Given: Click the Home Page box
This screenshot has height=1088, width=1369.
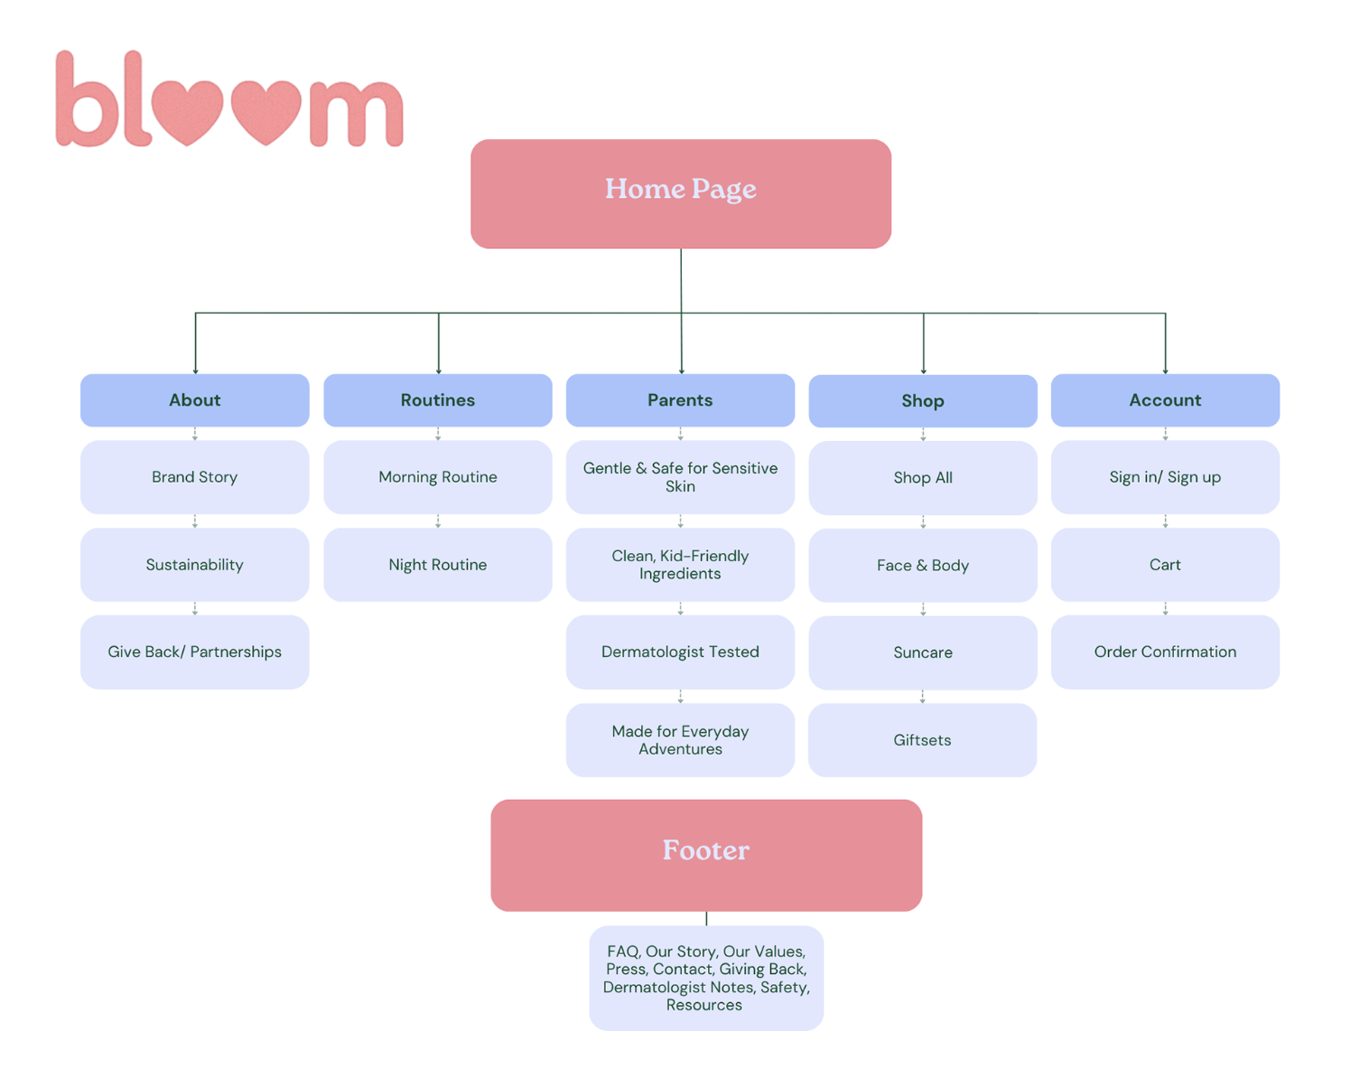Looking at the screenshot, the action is (680, 193).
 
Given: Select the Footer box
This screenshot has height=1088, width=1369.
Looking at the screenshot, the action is (705, 855).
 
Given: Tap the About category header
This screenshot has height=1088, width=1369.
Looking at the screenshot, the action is (195, 399).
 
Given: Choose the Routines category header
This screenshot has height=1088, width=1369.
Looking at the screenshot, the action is (438, 399).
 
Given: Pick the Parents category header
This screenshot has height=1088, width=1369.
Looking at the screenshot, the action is (680, 399).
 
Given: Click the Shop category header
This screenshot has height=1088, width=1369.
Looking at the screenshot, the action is (922, 400).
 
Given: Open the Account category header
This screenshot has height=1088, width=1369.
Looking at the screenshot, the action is (1165, 399).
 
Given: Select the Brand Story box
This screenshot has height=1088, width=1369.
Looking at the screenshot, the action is (195, 477).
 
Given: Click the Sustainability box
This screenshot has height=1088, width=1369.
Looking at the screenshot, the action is (195, 565).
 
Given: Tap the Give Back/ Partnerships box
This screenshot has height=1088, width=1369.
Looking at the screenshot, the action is (195, 652).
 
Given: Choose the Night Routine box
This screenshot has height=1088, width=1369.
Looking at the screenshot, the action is (438, 565).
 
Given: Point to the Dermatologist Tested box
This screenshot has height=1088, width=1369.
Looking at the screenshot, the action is (680, 652).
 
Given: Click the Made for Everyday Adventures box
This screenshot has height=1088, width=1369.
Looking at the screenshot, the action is (680, 740).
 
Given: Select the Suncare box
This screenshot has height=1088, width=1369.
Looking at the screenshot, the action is (922, 652).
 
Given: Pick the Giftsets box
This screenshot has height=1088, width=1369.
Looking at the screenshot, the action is (922, 740).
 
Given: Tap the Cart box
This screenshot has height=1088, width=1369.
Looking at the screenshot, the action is (1165, 565).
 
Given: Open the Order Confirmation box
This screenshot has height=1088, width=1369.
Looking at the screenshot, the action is (1165, 652).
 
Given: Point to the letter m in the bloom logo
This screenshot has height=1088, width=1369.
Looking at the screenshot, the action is (356, 113).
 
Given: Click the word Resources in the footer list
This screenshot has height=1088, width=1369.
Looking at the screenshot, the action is (703, 1005).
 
